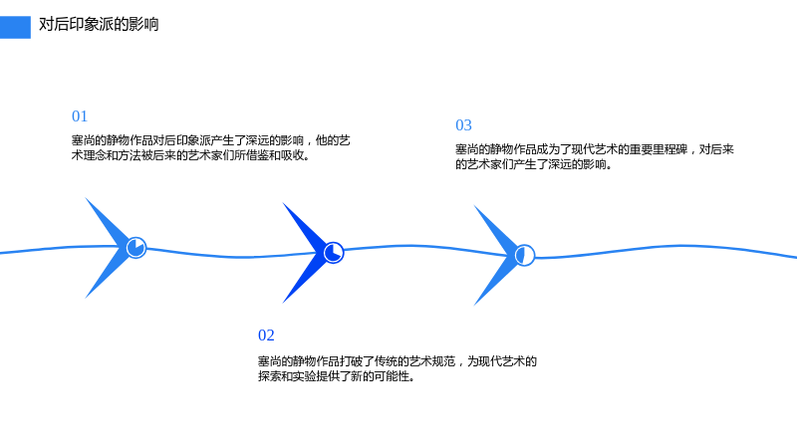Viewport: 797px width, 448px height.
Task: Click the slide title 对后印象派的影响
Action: click(x=99, y=24)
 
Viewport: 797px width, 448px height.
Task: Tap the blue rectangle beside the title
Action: click(x=15, y=28)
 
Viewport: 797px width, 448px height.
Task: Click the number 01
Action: click(x=80, y=116)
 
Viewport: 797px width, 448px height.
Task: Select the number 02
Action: click(x=266, y=336)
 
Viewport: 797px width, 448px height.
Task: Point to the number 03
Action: click(x=463, y=125)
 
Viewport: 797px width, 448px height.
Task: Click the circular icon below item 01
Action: click(x=136, y=247)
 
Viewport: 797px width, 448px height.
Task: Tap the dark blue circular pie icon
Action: click(x=334, y=253)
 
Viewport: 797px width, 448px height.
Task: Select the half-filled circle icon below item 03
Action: click(x=525, y=255)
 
